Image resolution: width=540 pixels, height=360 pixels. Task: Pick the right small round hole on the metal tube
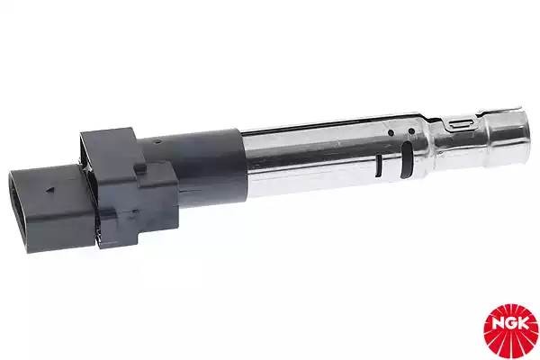[x=411, y=132]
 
